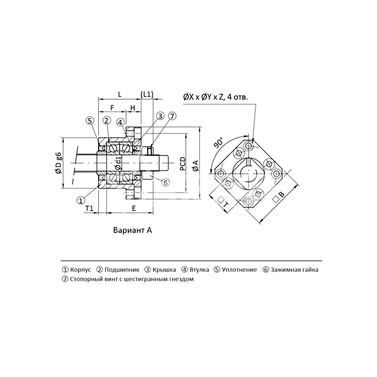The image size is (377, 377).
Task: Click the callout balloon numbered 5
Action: pyautogui.click(x=90, y=121)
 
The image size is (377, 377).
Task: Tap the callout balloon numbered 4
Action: pyautogui.click(x=121, y=122)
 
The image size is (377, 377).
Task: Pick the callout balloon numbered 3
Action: pyautogui.click(x=160, y=116)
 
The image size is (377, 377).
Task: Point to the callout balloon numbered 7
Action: pyautogui.click(x=172, y=116)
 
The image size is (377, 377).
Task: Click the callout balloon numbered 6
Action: pyautogui.click(x=165, y=183)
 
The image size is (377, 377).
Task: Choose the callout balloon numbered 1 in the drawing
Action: pyautogui.click(x=81, y=200)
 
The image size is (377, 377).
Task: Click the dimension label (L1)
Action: pyautogui.click(x=147, y=94)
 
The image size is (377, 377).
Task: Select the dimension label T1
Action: pyautogui.click(x=89, y=208)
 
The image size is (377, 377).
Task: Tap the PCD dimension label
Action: pyautogui.click(x=183, y=164)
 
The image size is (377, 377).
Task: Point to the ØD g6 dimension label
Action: pyautogui.click(x=59, y=163)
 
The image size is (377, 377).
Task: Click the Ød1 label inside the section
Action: pyautogui.click(x=118, y=163)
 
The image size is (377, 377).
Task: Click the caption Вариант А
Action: pyautogui.click(x=132, y=230)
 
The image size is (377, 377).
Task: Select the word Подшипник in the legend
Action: pyautogui.click(x=122, y=270)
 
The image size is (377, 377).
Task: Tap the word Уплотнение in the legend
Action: pyautogui.click(x=239, y=270)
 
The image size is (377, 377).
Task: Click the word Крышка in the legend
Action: pyautogui.click(x=164, y=270)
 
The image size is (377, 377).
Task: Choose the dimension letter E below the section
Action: pyautogui.click(x=134, y=208)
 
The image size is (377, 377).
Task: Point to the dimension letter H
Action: pyautogui.click(x=132, y=108)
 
